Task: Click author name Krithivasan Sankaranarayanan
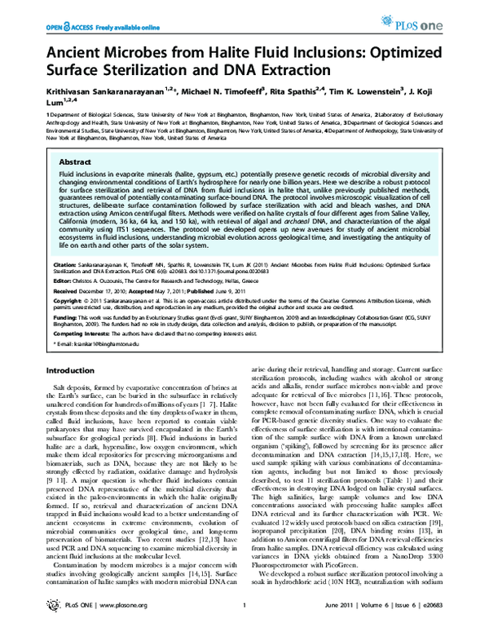pos(99,95)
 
